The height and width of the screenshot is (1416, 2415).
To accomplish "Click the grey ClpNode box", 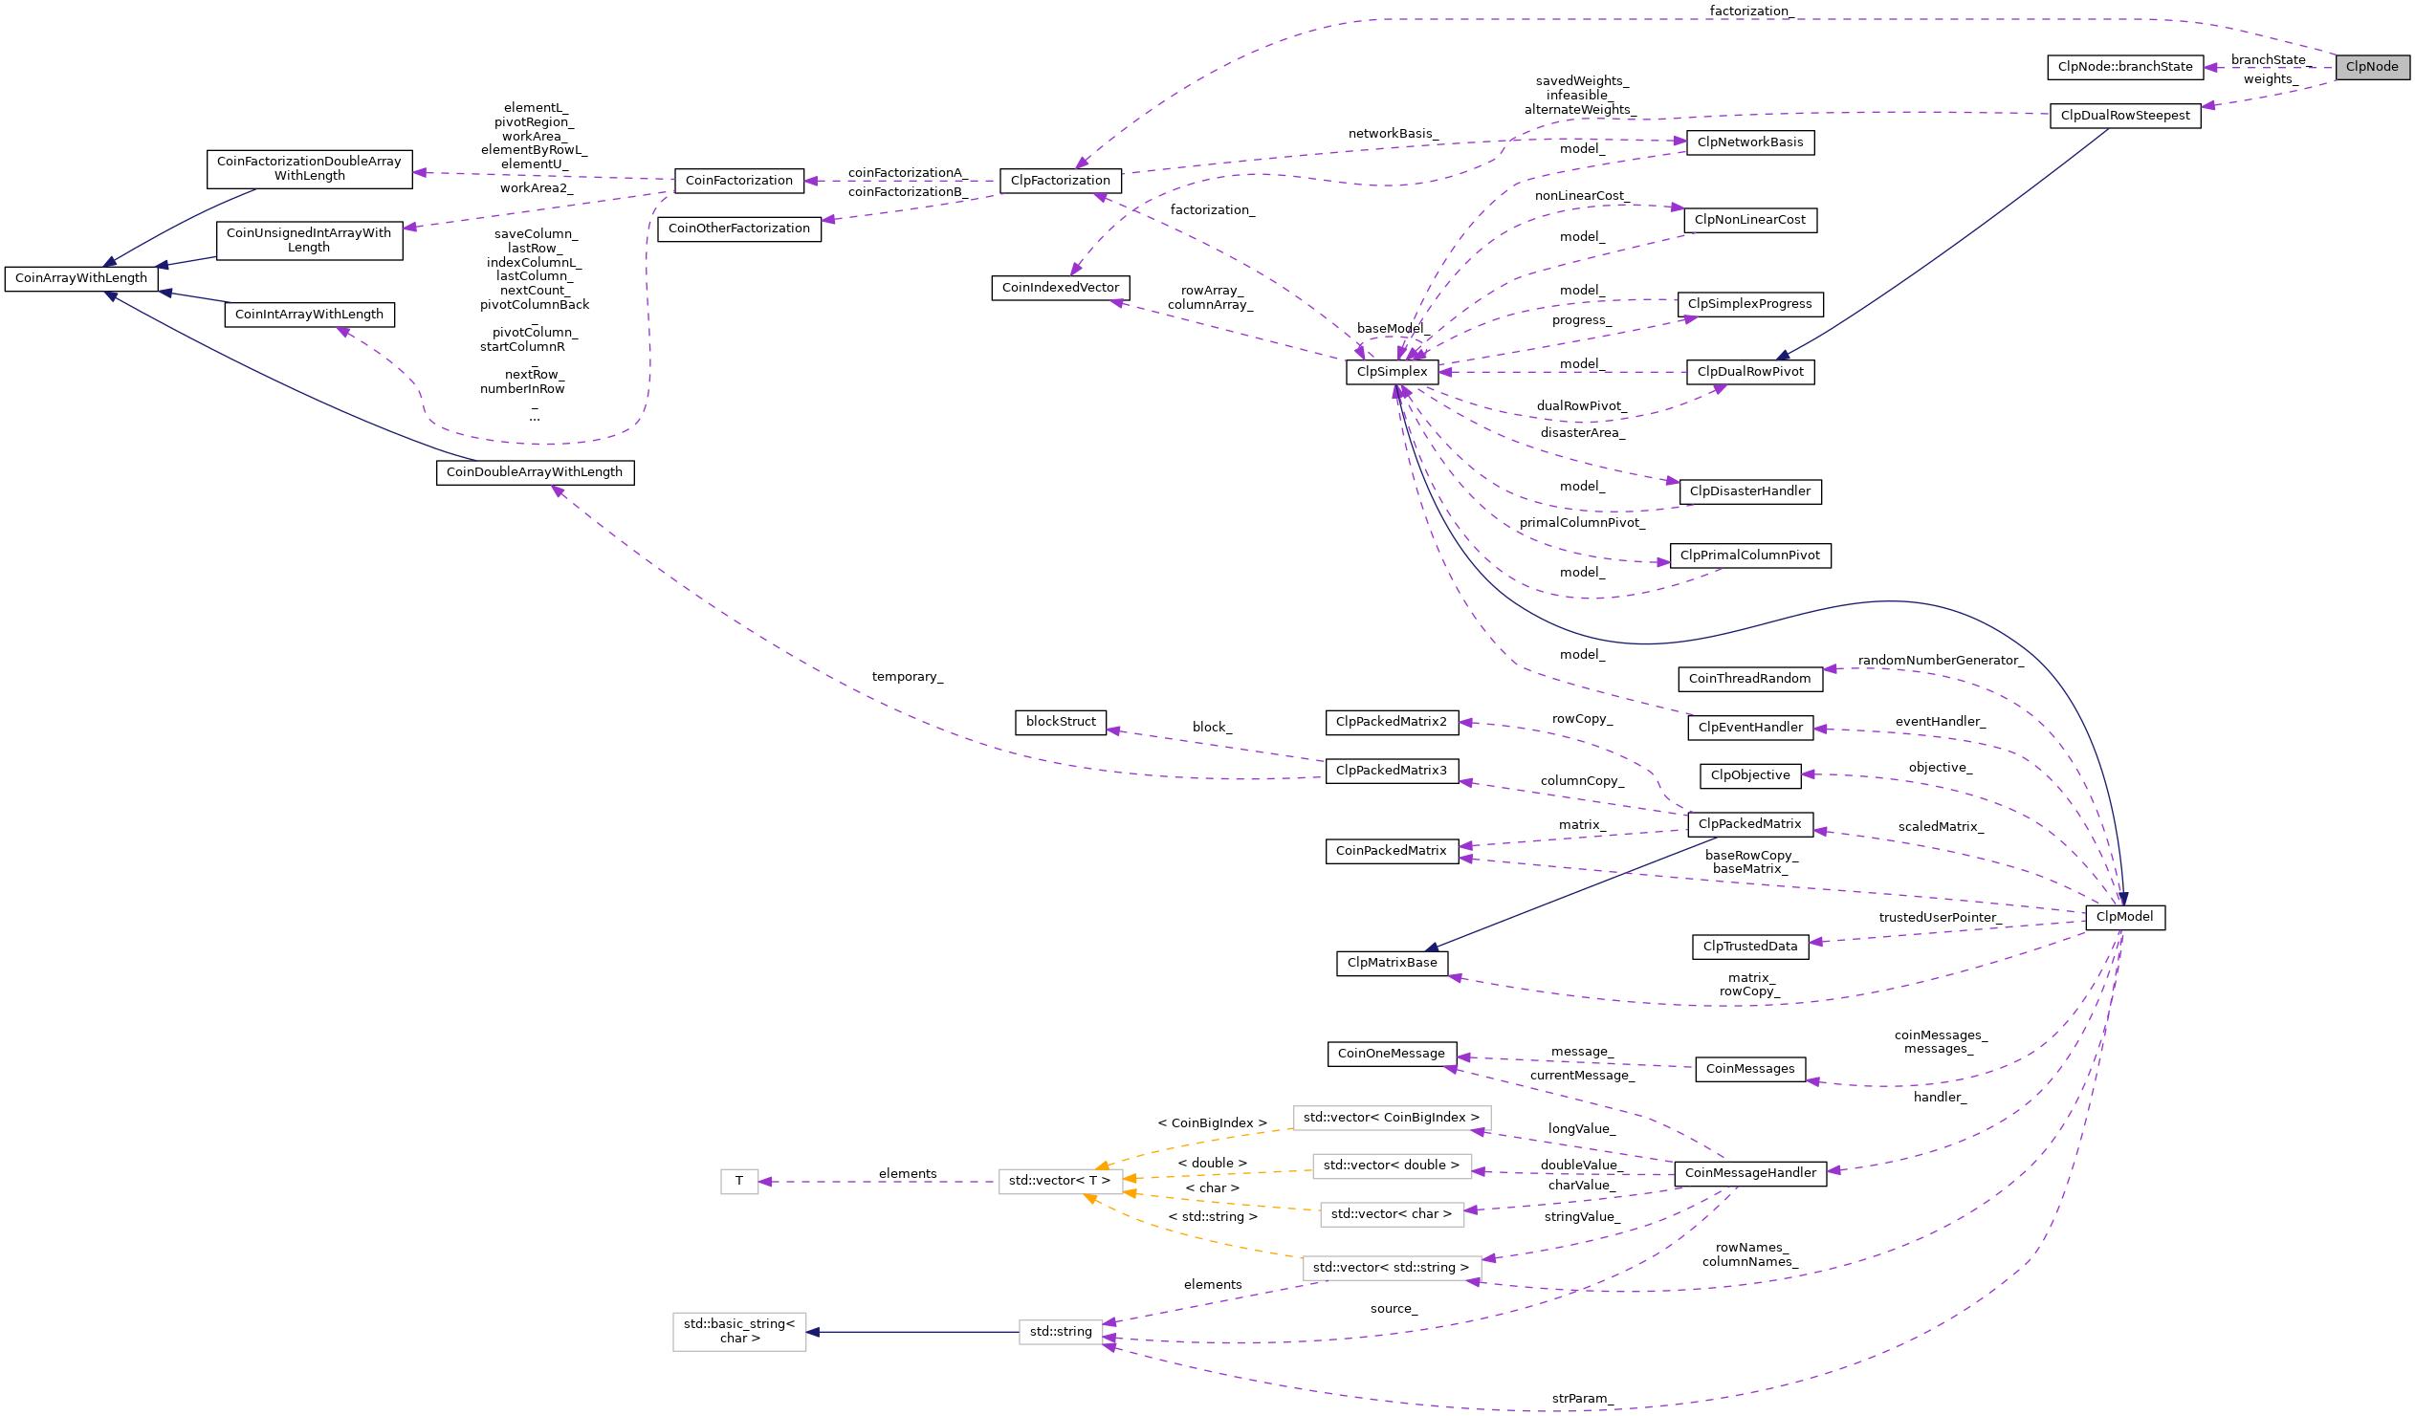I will [2372, 67].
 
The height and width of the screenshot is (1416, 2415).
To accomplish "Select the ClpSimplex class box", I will [1392, 372].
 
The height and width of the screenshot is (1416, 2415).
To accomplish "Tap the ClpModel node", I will [2124, 917].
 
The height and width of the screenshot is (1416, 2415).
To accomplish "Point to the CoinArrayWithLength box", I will [81, 279].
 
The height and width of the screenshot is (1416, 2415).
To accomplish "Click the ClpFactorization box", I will [1060, 181].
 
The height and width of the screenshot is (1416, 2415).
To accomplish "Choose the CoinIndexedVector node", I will [1060, 289].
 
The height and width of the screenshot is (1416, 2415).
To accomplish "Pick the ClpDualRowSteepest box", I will [2124, 116].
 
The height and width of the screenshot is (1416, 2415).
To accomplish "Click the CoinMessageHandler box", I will [1750, 1173].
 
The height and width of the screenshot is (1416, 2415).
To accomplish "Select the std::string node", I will [1060, 1332].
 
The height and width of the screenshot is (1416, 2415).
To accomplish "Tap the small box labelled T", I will [739, 1182].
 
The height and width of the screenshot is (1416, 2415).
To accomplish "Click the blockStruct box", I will [1060, 723].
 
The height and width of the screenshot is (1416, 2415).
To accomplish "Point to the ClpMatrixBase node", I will [1392, 963].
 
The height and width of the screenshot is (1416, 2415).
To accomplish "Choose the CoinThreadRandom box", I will [1749, 679].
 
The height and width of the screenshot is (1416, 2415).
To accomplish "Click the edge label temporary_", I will [907, 677].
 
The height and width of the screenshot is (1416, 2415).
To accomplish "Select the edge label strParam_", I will [1582, 1399].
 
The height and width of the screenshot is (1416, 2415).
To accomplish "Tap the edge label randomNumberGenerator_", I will [1940, 661].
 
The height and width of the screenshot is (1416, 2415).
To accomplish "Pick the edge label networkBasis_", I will [1393, 134].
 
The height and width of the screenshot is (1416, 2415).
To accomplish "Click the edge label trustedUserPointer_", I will [1940, 918].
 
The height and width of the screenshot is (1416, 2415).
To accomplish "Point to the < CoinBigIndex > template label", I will [1212, 1122].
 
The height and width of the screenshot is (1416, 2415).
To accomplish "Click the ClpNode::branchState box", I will [2124, 67].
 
